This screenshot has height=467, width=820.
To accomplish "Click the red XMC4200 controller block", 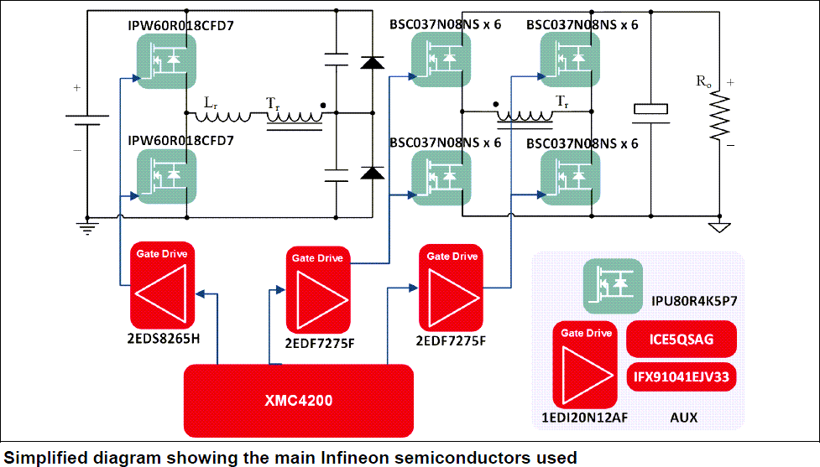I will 299,401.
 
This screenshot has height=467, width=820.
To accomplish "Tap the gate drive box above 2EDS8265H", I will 162,285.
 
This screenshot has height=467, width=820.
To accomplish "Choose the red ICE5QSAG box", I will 682,341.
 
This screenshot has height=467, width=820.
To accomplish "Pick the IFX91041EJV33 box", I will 682,377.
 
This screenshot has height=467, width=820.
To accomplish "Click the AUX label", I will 682,417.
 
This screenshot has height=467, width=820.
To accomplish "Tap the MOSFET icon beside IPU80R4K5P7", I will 613,285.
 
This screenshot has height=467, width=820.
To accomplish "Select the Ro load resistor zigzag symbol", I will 719,117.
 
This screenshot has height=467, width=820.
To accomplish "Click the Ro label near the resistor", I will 703,82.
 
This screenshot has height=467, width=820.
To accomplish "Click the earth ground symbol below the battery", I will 87,226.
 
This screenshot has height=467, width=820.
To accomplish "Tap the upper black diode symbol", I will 372,62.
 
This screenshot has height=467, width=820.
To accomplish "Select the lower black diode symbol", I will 372,173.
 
